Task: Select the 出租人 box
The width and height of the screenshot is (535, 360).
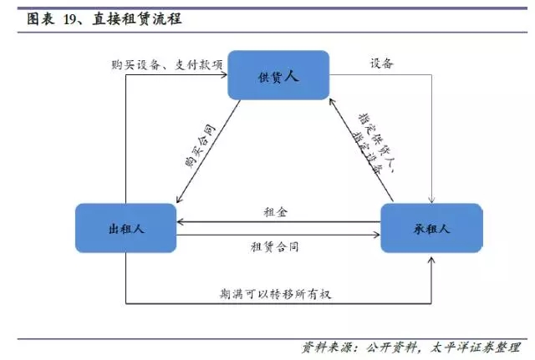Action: [125, 226]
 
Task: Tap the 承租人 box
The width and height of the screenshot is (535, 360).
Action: [431, 226]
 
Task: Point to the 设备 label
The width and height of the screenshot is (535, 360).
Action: [381, 64]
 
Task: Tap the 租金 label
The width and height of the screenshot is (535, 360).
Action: [278, 213]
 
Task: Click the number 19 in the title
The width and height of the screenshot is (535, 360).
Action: [71, 17]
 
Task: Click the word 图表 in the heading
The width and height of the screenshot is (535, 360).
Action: [38, 17]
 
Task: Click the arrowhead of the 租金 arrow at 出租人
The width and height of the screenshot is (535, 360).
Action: [181, 221]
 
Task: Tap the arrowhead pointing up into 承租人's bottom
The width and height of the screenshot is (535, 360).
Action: [431, 256]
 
